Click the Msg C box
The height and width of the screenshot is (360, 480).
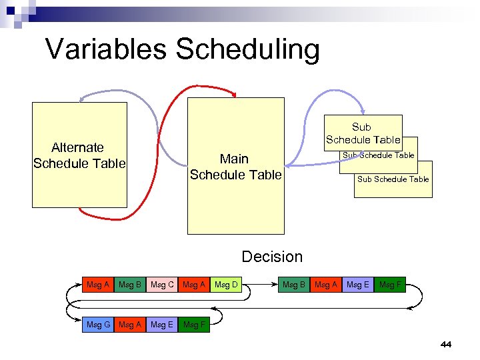pos(163,285)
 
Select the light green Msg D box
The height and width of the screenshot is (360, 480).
pos(226,285)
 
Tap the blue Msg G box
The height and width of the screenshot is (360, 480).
pos(99,325)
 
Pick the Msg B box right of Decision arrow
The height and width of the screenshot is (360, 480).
pos(294,285)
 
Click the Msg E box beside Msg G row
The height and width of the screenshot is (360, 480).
pos(162,325)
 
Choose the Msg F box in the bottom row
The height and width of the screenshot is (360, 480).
pos(194,325)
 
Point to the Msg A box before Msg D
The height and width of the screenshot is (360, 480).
pos(194,285)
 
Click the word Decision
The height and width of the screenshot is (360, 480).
pos(272,257)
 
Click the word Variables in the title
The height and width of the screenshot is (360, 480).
pos(106,49)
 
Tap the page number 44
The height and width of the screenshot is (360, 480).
pos(446,345)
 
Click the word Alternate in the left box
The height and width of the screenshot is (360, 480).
pos(78,147)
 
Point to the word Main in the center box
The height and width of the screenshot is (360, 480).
pos(234,159)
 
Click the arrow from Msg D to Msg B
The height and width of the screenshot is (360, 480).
pos(260,285)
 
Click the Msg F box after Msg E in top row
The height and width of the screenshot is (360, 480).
pos(390,285)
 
